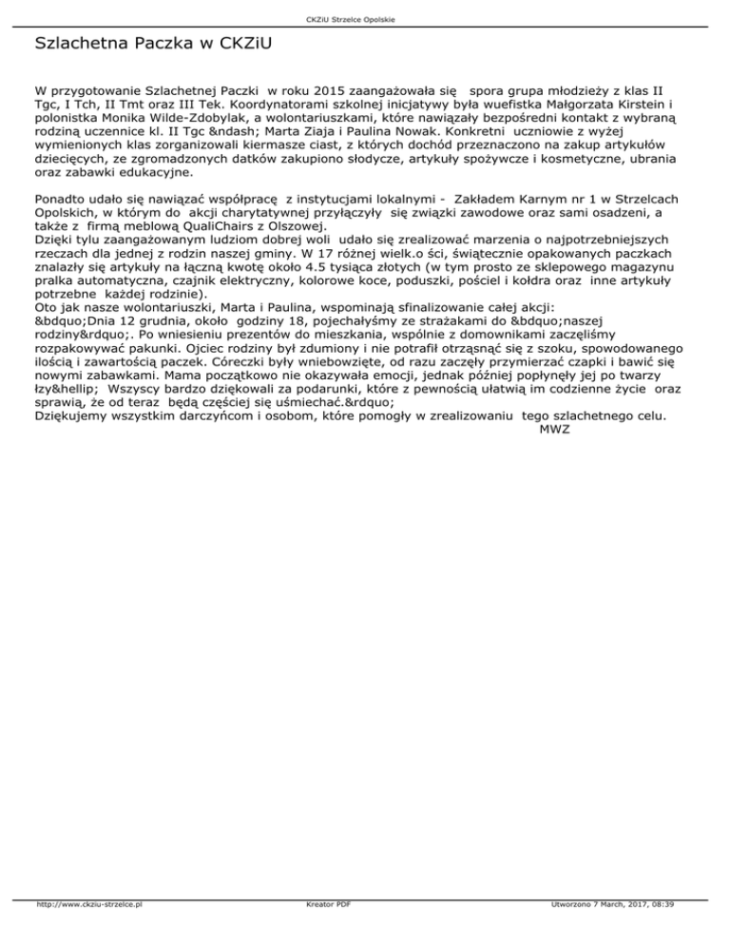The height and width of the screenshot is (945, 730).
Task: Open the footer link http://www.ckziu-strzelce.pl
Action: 88,932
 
